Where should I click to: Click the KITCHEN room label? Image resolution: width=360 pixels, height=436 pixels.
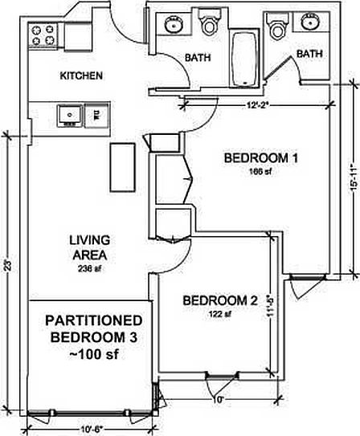(82, 77)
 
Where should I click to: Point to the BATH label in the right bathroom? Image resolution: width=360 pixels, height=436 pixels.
(309, 54)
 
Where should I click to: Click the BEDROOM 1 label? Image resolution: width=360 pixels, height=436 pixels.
(261, 157)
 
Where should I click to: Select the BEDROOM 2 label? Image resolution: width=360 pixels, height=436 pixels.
(220, 301)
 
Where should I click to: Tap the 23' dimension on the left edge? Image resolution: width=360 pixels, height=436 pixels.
(6, 265)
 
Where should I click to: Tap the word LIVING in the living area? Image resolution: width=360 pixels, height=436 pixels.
(89, 239)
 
